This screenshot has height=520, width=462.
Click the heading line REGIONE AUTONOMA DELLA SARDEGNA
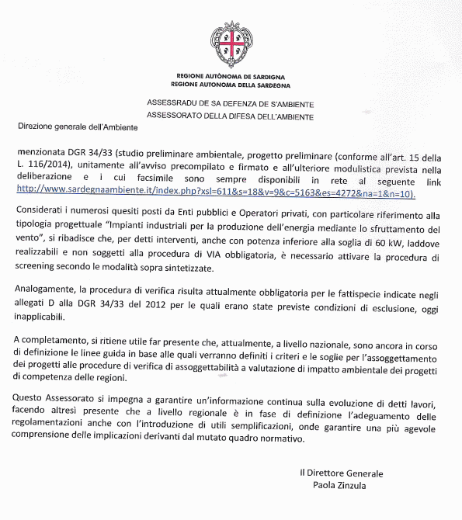pos(230,83)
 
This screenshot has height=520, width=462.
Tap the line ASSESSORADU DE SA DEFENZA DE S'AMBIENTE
pos(230,103)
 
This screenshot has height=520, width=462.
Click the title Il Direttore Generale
pos(342,473)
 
